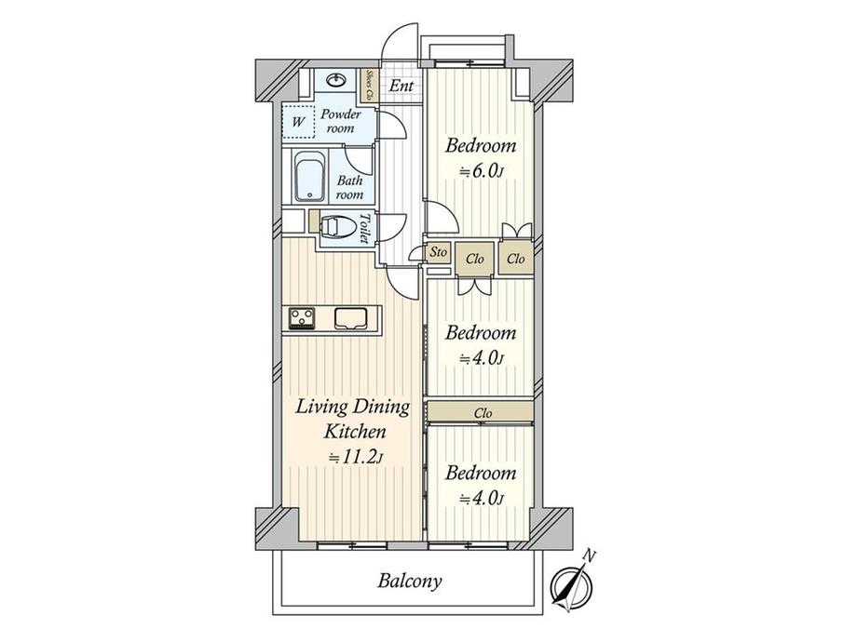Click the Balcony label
tap(409, 581)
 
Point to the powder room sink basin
tap(337, 81)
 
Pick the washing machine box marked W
tap(298, 121)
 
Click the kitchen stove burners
tap(302, 318)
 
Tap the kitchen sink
tap(350, 318)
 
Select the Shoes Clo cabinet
tap(370, 86)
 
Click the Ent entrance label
tap(401, 86)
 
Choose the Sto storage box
tap(439, 252)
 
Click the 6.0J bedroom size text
tap(481, 172)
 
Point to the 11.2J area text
tap(354, 458)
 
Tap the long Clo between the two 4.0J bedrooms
tap(481, 412)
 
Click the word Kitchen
tap(355, 432)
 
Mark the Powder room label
tap(341, 121)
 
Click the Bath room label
tap(349, 187)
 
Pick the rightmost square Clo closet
tap(516, 259)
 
